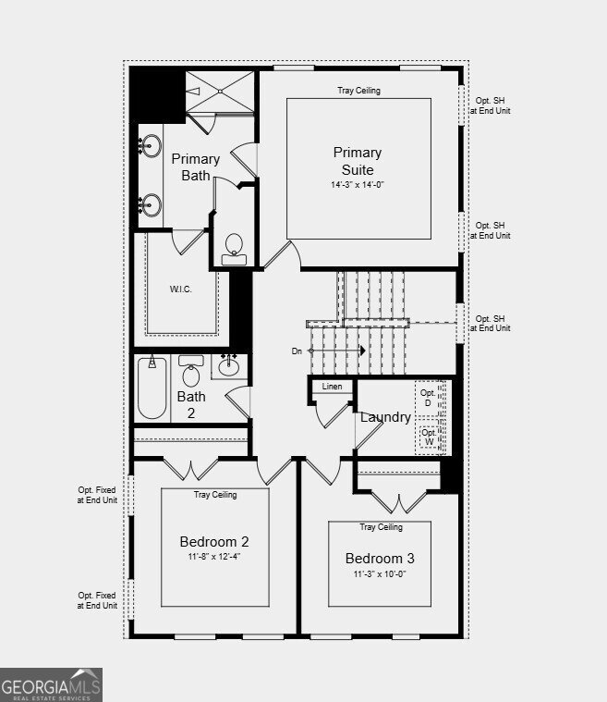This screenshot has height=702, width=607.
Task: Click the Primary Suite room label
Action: click(358, 161)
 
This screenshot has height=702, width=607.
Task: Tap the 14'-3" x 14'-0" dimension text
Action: click(358, 185)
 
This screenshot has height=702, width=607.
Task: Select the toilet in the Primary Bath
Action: click(234, 250)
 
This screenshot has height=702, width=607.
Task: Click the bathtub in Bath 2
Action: click(152, 388)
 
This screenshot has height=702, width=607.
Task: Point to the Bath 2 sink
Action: click(229, 366)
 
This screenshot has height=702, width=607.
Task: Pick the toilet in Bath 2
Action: click(191, 371)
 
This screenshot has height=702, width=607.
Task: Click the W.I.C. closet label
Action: click(181, 289)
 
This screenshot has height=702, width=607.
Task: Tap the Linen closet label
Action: click(332, 387)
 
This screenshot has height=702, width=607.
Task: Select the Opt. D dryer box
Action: click(429, 398)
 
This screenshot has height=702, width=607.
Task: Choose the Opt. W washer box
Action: click(430, 437)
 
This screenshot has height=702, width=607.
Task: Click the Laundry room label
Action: click(385, 417)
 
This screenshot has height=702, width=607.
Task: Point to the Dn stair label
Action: click(297, 351)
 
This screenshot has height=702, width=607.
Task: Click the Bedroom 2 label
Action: click(214, 542)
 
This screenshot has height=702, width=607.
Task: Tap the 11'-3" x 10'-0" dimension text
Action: click(380, 574)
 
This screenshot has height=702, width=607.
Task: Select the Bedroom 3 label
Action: click(380, 559)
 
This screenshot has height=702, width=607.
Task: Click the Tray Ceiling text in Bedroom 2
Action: click(215, 494)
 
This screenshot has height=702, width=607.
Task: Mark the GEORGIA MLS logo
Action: click(51, 685)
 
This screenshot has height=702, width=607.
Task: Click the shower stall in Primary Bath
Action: click(220, 92)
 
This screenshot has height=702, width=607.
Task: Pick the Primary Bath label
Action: click(196, 167)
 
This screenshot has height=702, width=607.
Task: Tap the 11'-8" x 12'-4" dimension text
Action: click(214, 557)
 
